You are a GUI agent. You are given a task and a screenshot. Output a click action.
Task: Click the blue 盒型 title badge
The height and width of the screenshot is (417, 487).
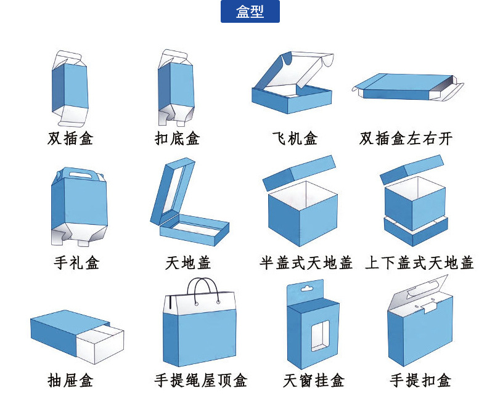click(x=250, y=12)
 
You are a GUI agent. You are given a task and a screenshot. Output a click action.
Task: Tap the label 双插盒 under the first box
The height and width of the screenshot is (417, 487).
click(x=70, y=138)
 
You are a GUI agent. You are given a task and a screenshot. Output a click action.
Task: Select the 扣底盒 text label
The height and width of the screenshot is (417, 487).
click(x=177, y=138)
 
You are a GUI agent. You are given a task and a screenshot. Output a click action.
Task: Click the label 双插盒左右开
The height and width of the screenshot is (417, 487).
click(x=406, y=138)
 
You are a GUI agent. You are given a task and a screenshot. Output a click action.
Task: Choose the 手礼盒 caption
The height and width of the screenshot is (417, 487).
click(x=76, y=263)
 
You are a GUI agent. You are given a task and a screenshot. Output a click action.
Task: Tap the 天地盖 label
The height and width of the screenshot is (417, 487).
click(x=188, y=263)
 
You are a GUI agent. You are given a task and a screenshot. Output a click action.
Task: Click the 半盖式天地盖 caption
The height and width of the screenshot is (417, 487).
click(x=306, y=263)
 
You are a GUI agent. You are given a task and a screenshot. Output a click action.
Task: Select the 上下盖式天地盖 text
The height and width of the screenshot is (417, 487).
click(x=419, y=263)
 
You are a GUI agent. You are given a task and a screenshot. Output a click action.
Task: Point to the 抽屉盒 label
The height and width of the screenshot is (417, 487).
click(x=70, y=380)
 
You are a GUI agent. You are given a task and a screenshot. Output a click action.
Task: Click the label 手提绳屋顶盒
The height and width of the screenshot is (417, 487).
click(x=200, y=380)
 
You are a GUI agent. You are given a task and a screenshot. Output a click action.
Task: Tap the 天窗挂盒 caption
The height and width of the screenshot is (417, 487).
click(x=314, y=380)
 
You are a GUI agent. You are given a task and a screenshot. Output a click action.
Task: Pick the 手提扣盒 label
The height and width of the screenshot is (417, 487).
click(x=420, y=380)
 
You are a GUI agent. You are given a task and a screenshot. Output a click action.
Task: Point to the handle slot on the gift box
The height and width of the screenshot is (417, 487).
click(x=79, y=175)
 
